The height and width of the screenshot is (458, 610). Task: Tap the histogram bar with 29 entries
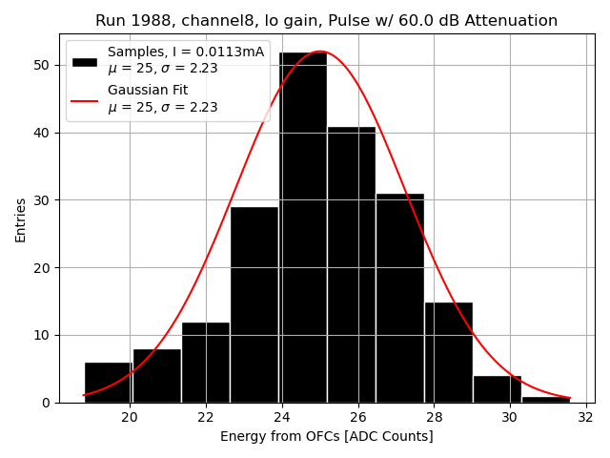tap(254, 304)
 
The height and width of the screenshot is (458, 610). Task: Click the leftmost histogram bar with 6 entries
tap(108, 382)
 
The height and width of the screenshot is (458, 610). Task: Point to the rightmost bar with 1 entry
tap(545, 399)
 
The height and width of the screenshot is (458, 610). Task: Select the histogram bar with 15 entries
tap(448, 352)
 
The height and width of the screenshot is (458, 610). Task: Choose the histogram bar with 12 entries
tap(206, 363)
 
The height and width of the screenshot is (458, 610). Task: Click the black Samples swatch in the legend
tap(85, 61)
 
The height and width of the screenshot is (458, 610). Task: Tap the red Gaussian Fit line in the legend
tap(85, 99)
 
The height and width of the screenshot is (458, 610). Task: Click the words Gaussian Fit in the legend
tap(148, 91)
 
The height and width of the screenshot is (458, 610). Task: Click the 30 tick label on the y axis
tap(47, 200)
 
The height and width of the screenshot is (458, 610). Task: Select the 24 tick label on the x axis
tap(282, 417)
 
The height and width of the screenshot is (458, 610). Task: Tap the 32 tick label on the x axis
tap(585, 417)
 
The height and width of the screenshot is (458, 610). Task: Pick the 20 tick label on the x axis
tap(130, 417)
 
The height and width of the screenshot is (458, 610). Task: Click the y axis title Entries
tap(21, 219)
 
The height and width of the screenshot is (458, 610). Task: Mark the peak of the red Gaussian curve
tap(320, 52)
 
